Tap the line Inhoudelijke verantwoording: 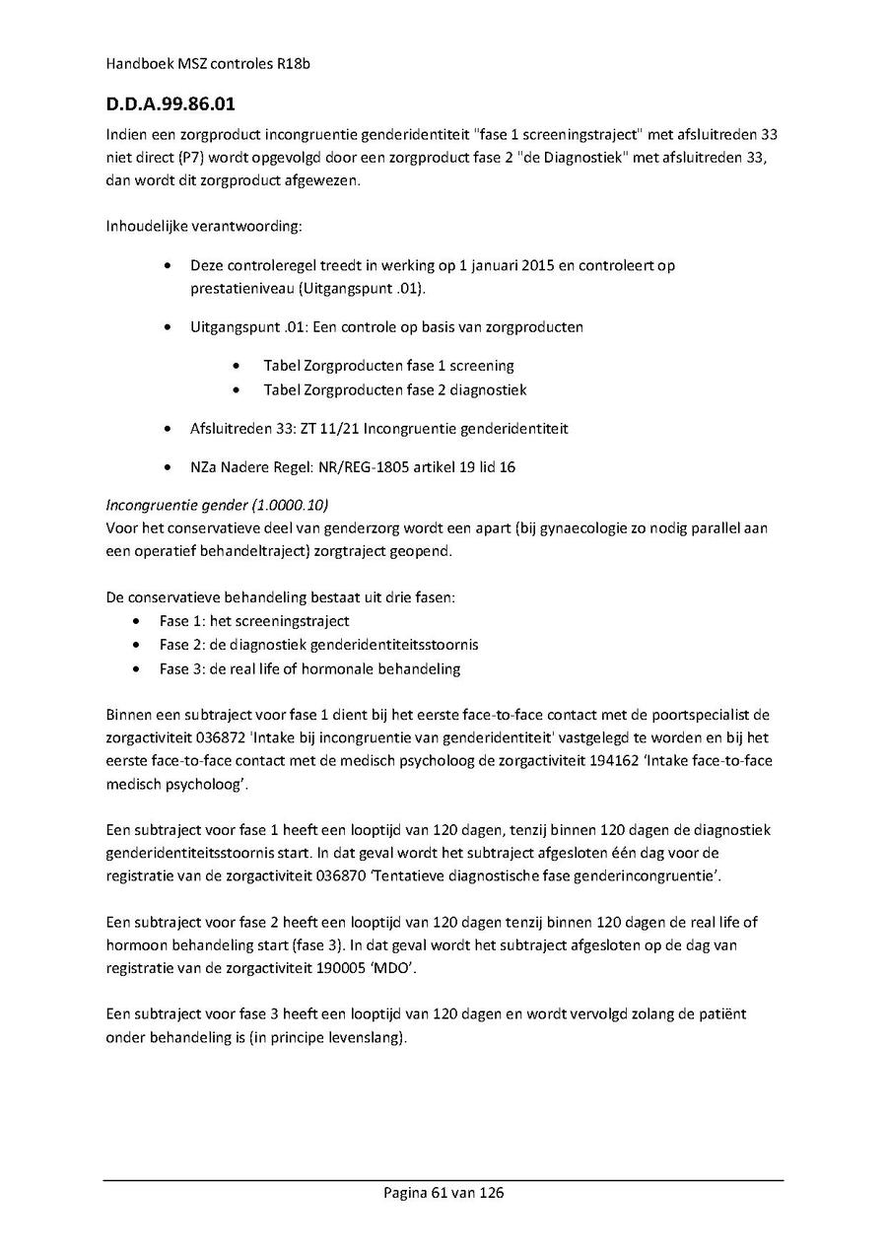(x=204, y=228)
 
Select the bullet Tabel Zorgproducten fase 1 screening (x=388, y=366)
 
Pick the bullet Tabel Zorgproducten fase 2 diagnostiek (x=394, y=389)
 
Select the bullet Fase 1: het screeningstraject (x=254, y=621)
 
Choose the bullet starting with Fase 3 (x=309, y=668)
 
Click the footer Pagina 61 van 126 (x=443, y=1193)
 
